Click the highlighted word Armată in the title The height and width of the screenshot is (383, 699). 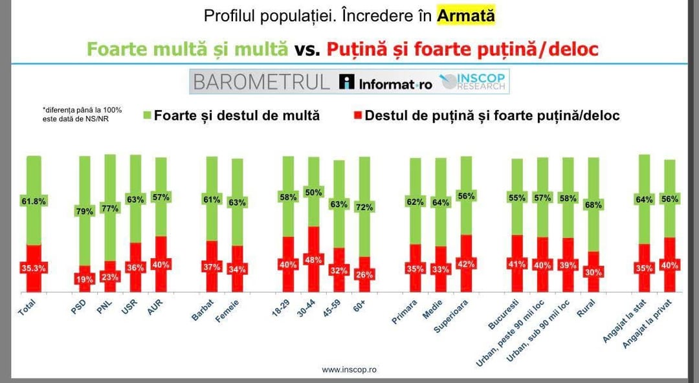tap(466, 16)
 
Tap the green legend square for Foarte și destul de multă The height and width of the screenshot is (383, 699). tap(147, 116)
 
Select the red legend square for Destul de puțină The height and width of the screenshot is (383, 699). tap(358, 116)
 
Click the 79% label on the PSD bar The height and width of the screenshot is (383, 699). tap(85, 210)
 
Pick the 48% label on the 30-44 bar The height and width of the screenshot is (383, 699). tap(313, 260)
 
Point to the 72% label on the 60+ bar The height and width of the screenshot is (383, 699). tap(364, 207)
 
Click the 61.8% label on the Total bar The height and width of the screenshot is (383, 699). tap(34, 202)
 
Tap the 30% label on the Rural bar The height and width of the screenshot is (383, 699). tap(593, 272)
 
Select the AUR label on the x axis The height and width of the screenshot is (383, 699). tap(155, 309)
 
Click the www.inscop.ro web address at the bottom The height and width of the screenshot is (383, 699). tap(349, 369)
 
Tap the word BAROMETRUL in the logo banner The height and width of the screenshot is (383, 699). tap(261, 82)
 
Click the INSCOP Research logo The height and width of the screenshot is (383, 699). tap(474, 82)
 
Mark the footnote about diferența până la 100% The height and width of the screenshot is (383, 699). tap(82, 114)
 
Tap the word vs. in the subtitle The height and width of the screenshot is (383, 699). tap(307, 49)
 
